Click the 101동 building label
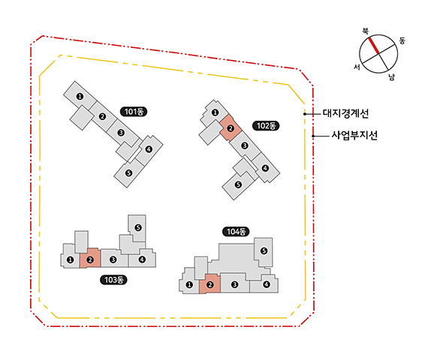134,112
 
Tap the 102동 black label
266,126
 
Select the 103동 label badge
113,280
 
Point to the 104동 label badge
236,232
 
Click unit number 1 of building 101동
80,96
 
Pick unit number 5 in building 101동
128,173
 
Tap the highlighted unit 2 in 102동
231,128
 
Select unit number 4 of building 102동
265,168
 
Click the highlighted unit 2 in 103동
90,258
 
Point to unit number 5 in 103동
138,227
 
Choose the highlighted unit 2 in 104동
209,283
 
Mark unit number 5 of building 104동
264,251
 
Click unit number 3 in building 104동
234,285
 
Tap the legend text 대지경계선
345,113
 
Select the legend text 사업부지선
354,135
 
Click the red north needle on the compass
373,46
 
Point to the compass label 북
365,31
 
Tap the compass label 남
392,77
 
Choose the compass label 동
402,40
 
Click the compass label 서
357,67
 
